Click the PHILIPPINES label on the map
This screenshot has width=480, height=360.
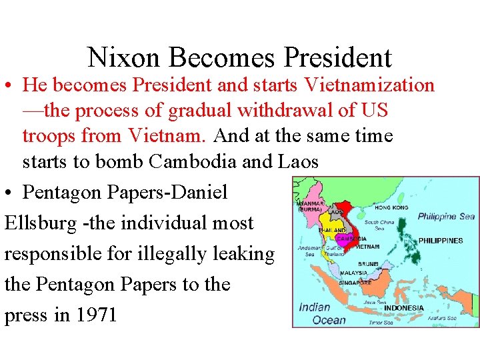coord(440,241)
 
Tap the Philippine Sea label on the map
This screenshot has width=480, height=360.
coord(446,217)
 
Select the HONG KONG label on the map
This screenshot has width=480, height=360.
coord(392,208)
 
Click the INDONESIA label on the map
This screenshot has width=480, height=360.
coord(403,308)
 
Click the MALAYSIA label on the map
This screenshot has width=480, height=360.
coord(353,273)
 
